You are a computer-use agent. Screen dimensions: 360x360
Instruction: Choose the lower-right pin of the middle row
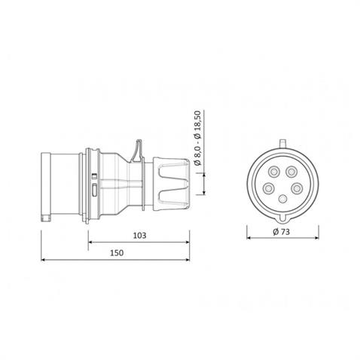click(297, 188)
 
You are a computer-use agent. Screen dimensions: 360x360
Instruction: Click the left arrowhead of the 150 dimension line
click(43, 261)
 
